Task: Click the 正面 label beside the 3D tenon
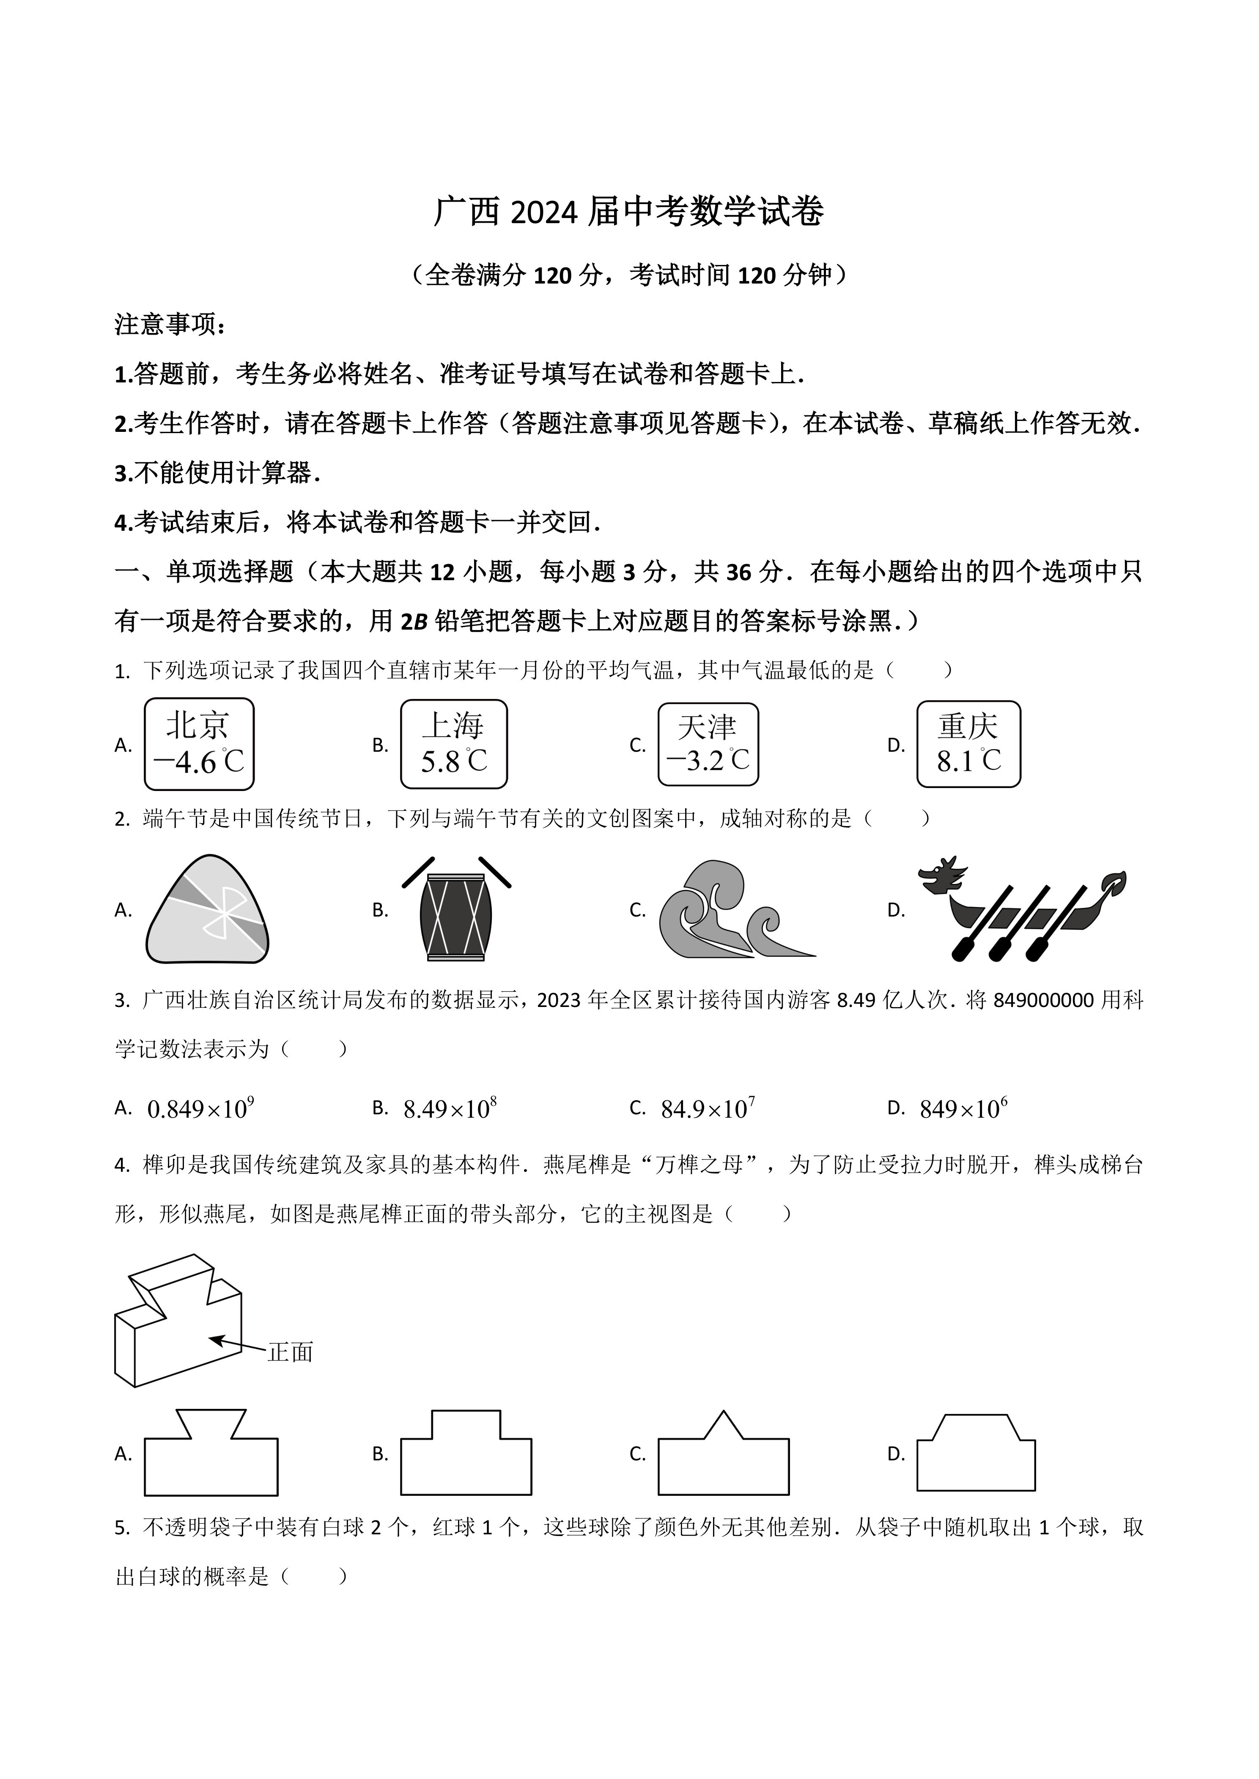coord(290,1353)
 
